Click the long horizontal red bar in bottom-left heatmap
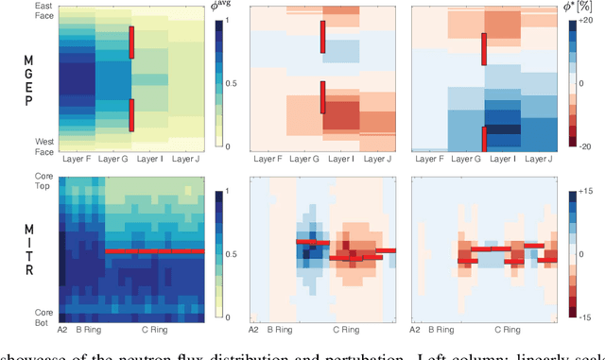point(154,251)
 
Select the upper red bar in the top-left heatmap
point(131,43)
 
